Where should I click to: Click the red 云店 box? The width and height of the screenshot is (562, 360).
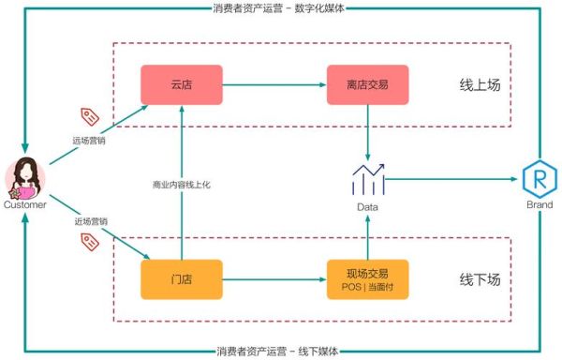181,84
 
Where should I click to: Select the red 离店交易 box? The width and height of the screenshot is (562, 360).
367,84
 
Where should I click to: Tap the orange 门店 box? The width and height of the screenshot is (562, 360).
181,278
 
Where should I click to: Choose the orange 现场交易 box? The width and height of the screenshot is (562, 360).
367,278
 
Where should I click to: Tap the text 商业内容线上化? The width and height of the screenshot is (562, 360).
182,185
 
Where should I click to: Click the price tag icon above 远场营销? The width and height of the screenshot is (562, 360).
91,116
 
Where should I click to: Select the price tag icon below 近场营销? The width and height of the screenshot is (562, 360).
91,243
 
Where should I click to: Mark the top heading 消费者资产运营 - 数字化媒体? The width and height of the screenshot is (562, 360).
281,8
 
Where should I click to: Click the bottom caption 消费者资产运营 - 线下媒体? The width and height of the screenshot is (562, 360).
281,352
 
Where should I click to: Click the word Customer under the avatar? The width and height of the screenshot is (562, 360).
25,204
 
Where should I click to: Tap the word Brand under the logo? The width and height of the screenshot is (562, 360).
538,203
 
